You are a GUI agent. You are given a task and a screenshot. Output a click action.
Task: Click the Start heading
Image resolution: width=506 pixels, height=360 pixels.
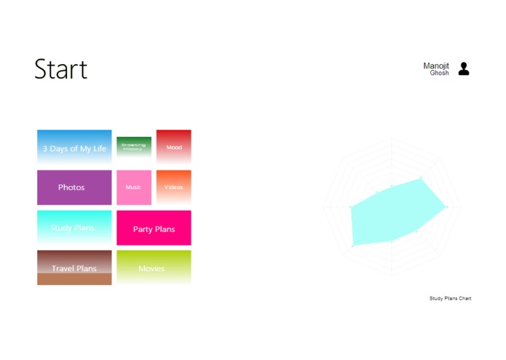click(x=60, y=69)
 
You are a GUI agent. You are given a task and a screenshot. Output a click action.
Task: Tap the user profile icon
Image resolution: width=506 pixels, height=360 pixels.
click(x=464, y=69)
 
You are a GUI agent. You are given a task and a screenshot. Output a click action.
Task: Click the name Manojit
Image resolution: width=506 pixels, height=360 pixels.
click(x=436, y=66)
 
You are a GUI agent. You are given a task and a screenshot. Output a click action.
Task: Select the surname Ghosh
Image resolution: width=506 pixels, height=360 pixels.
click(x=439, y=74)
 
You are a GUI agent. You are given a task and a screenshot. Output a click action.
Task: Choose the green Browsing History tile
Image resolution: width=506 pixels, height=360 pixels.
click(x=133, y=146)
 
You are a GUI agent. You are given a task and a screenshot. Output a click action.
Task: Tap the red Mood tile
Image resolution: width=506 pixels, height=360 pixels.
click(x=174, y=146)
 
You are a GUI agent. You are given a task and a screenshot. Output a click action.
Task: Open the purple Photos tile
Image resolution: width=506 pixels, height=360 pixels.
click(x=74, y=187)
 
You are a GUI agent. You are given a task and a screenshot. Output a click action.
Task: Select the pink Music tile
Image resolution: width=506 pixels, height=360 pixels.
click(x=133, y=187)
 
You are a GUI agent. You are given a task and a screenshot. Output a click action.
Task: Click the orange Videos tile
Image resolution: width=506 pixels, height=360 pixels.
click(x=174, y=187)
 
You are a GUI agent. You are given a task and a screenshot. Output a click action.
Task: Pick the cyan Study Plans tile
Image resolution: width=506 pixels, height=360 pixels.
click(x=74, y=227)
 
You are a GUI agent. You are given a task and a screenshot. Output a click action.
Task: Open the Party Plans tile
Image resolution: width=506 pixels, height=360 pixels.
click(x=154, y=228)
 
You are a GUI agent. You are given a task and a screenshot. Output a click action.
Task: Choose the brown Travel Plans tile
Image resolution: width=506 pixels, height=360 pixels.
click(x=74, y=268)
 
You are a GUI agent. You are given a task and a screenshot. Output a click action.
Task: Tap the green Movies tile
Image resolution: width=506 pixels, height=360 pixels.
click(x=154, y=268)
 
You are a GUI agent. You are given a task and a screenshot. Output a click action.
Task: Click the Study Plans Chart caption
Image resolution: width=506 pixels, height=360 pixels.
click(x=450, y=298)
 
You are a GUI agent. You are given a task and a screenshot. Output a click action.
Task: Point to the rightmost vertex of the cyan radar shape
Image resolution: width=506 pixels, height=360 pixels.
click(x=446, y=208)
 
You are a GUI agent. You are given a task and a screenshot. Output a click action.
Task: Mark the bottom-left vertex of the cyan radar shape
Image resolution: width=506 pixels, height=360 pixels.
click(x=352, y=246)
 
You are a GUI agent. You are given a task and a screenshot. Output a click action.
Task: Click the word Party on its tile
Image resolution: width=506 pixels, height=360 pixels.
click(x=143, y=230)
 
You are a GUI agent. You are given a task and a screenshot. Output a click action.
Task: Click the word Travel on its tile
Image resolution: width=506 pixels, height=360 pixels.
click(x=63, y=269)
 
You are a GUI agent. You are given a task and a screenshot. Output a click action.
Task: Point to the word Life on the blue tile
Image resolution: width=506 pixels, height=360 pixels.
click(x=99, y=149)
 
